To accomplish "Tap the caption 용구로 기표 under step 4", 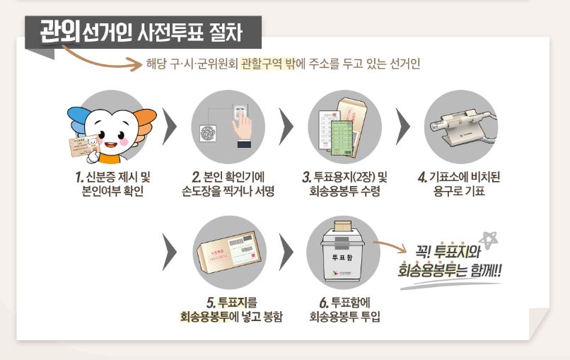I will click(x=459, y=192).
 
